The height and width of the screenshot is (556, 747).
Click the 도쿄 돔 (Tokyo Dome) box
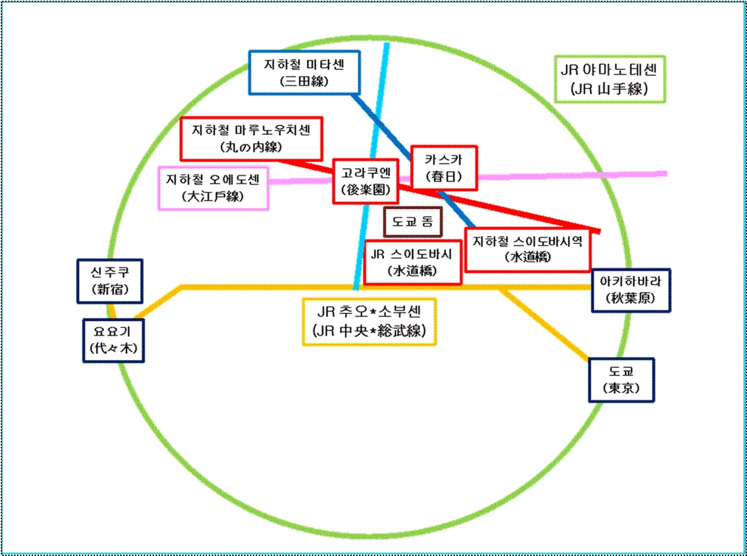pos(412,220)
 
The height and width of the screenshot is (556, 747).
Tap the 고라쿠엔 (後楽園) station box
pos(365,181)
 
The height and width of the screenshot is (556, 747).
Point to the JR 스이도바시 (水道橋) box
pos(412,262)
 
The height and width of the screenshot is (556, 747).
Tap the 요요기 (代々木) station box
pos(114,340)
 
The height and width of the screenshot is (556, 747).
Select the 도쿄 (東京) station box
pos(621,380)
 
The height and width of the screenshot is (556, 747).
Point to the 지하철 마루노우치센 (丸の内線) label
pos(251,138)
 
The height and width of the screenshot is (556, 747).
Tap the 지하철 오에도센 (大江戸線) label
pos(214,187)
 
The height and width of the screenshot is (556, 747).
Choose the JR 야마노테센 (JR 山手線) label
pos(609,80)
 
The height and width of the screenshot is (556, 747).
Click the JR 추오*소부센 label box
pos(369,321)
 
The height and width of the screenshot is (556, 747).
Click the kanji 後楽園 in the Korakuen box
pos(366,190)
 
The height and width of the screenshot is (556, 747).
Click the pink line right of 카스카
pos(575,176)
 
